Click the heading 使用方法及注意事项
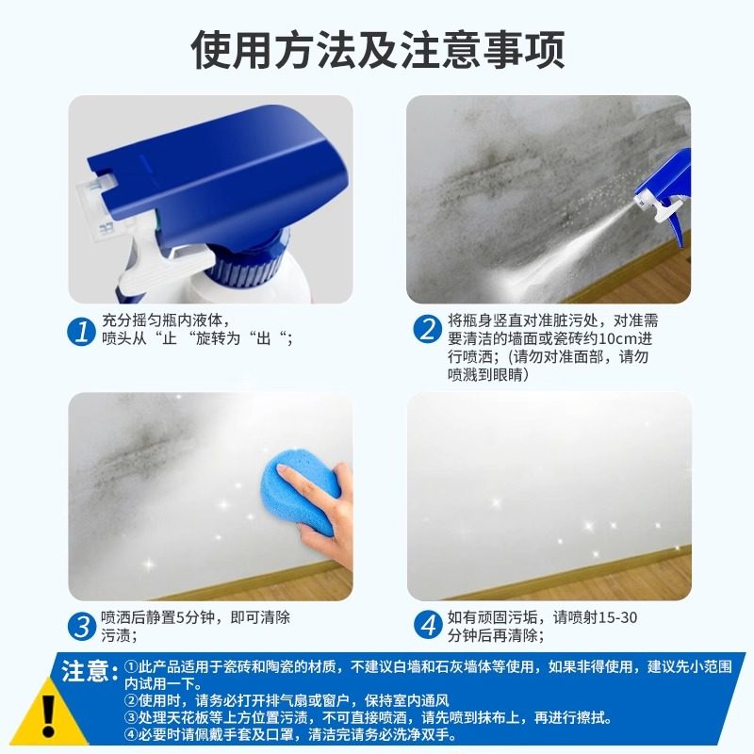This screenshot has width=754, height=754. point(377,50)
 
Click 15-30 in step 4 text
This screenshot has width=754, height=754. point(627,617)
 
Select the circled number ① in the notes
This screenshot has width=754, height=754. point(131,666)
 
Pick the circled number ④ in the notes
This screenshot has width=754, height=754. point(131,736)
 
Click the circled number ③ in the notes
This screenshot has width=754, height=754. point(131,718)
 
